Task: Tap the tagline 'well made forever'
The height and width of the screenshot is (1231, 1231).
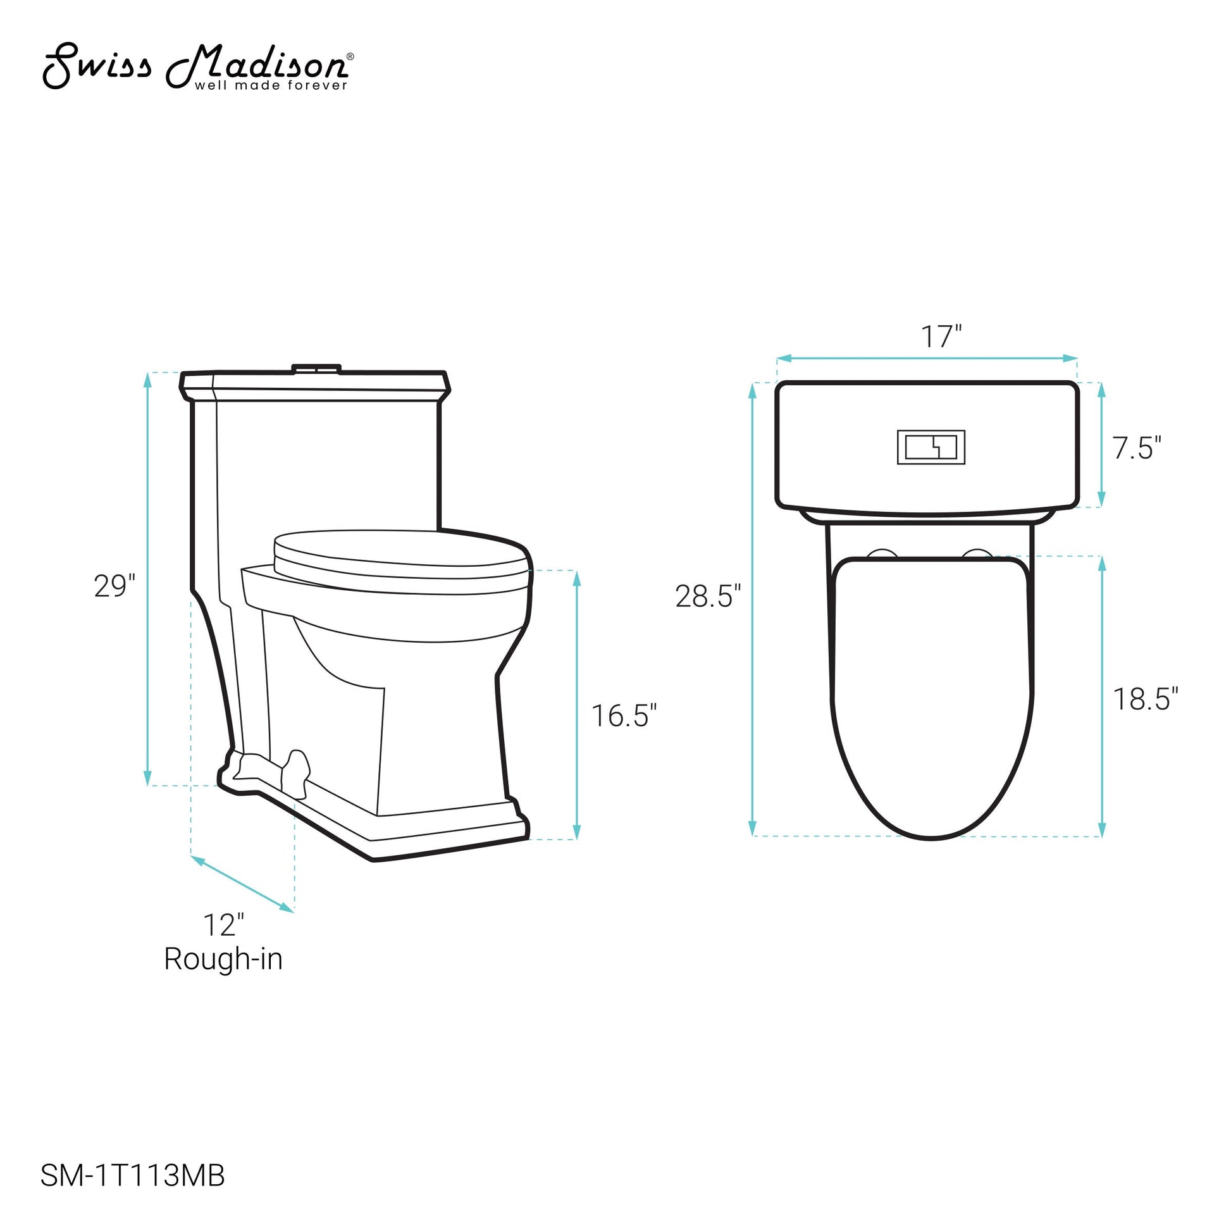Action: pos(271,85)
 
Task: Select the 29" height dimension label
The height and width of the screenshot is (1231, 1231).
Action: pos(115,586)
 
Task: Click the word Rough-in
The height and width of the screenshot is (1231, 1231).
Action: pos(223,959)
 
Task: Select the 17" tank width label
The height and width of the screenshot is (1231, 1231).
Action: pos(941,337)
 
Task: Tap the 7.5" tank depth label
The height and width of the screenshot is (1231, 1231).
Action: pos(1137,448)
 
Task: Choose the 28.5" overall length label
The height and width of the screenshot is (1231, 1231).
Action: pos(708,597)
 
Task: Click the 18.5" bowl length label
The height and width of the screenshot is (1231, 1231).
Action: pos(1146,699)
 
